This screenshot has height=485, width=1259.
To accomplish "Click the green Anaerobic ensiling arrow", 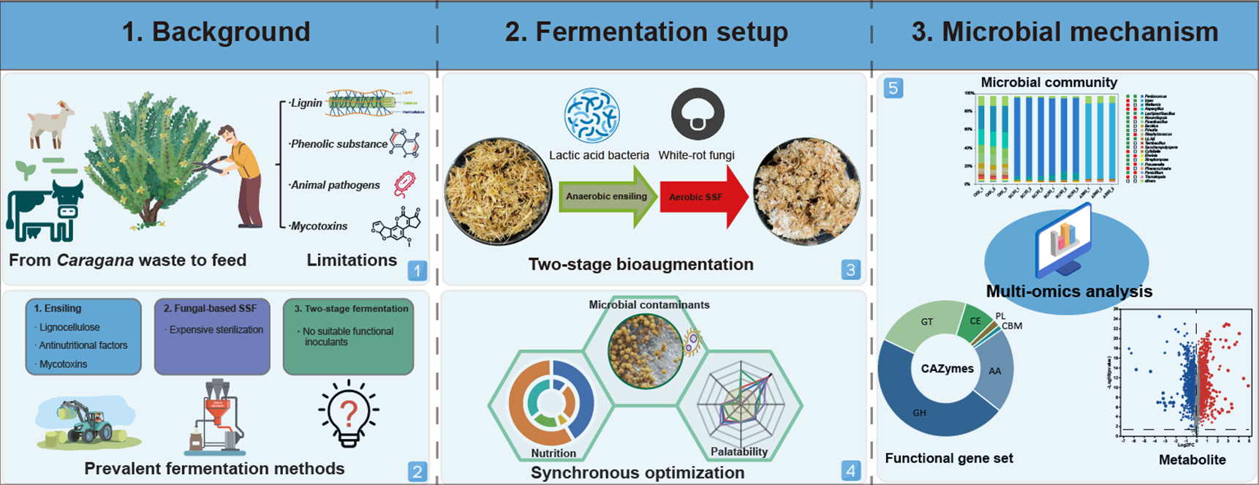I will (x=607, y=196).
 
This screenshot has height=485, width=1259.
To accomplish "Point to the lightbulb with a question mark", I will (x=349, y=413).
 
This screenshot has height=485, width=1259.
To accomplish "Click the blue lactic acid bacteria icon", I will (x=591, y=116).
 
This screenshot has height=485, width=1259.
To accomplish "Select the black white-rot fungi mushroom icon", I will (x=697, y=114).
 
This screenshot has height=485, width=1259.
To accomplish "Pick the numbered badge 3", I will (x=850, y=270).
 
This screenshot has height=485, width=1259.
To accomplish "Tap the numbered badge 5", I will (x=893, y=89).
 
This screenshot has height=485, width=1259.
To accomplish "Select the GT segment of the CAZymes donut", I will (x=926, y=323).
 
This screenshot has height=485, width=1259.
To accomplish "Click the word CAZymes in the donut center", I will (x=947, y=369).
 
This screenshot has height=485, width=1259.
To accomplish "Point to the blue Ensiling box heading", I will (x=58, y=309).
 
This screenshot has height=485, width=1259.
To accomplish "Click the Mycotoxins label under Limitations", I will (x=319, y=226).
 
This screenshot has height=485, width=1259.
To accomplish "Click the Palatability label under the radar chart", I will (x=739, y=451).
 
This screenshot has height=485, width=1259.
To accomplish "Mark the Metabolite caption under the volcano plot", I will (x=1192, y=459).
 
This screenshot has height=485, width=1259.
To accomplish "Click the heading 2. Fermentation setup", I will (x=646, y=32).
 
